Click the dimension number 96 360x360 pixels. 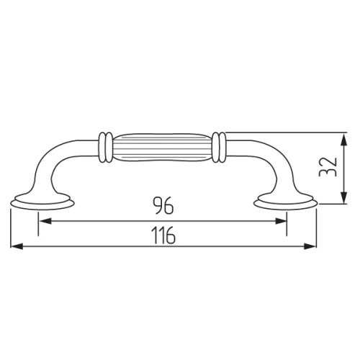pos(163,205)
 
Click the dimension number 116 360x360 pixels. pos(163,235)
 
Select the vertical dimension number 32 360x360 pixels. pos(328,167)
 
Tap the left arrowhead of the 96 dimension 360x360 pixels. pos(45,221)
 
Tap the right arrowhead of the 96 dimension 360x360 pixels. pos(280,221)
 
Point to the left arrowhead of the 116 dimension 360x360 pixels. pos(17,246)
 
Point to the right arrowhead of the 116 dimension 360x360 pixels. pos(310,246)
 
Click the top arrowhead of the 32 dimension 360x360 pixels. pos(344,140)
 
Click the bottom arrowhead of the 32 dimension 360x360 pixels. pos(344,197)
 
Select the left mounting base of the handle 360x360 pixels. pos(42,202)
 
